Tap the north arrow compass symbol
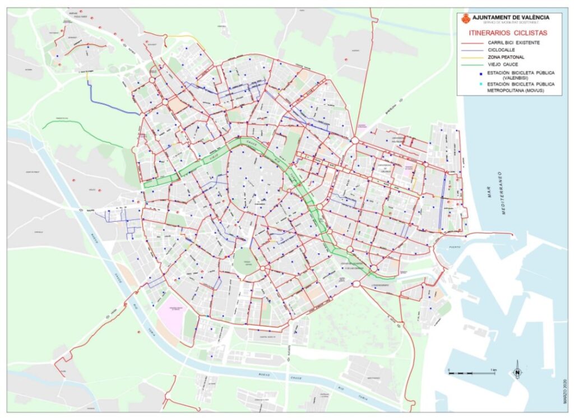(517, 371)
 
